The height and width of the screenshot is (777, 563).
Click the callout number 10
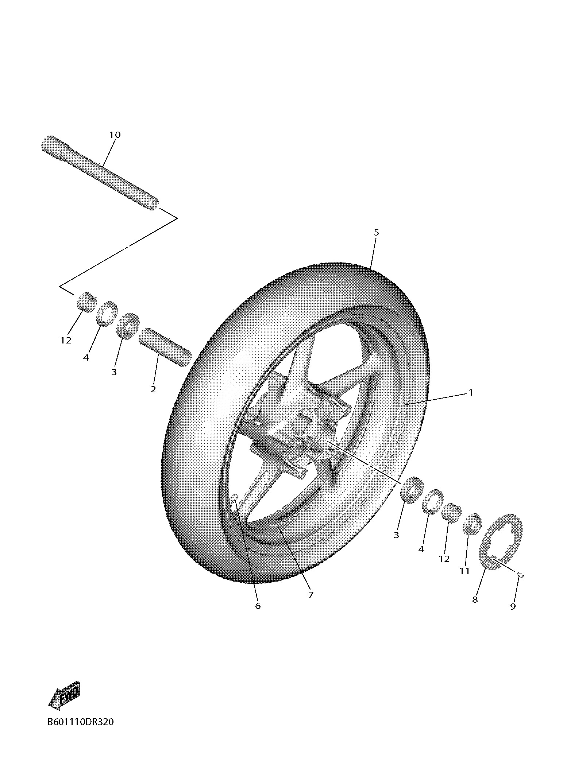click(x=115, y=135)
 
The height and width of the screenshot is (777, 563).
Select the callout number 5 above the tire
click(x=376, y=232)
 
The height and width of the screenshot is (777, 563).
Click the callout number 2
click(x=153, y=389)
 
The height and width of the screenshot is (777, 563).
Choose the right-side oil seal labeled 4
click(x=433, y=502)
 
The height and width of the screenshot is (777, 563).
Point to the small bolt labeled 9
click(x=521, y=575)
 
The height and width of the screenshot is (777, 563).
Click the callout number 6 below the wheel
click(x=258, y=606)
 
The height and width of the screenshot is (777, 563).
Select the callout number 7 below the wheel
click(x=311, y=595)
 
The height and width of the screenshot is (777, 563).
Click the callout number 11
click(x=464, y=571)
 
